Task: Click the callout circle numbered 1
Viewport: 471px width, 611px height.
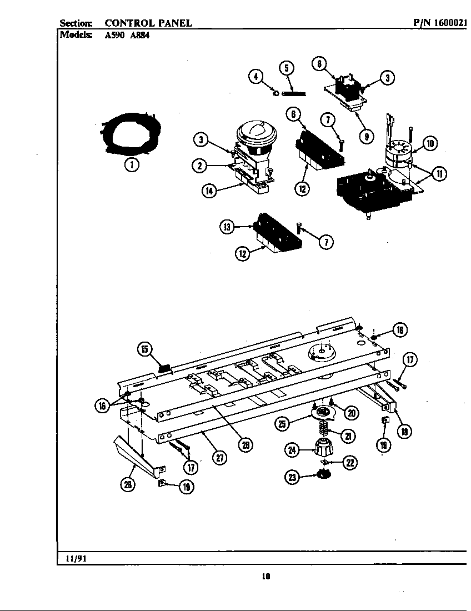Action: point(132,164)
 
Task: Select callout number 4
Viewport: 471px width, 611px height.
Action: point(255,77)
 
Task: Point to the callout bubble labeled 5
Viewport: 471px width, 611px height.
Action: point(286,68)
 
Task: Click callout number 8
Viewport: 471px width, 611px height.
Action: point(319,63)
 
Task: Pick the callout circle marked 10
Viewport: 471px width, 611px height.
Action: point(429,144)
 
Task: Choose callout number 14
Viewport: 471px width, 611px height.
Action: point(209,191)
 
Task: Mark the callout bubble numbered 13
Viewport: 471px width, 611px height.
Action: point(227,227)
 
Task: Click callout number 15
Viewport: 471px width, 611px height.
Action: point(144,349)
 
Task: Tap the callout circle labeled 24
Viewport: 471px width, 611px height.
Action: point(292,450)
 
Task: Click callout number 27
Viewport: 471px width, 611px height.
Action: point(221,458)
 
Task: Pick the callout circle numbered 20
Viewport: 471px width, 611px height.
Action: point(351,412)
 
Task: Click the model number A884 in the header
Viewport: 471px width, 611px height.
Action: point(139,34)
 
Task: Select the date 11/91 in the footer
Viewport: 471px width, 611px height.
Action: point(76,559)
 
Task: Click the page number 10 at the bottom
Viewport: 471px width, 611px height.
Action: point(265,576)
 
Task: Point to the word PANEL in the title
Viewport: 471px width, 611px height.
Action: point(176,23)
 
